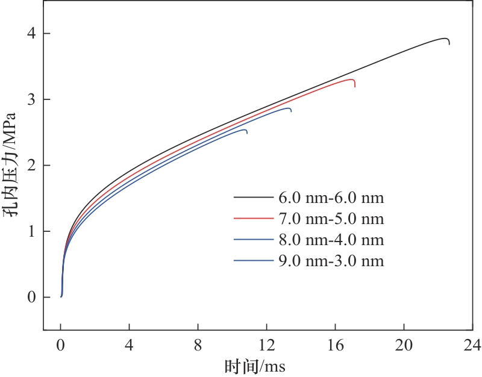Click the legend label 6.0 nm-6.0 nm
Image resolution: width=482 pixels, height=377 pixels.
[x=331, y=197]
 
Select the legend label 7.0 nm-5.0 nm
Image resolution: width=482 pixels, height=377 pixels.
[x=331, y=218]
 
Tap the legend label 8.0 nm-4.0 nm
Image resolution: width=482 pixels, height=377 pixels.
[x=331, y=240]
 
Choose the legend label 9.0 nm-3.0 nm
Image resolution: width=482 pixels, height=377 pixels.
[x=331, y=261]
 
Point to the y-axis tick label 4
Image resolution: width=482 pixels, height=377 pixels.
[x=30, y=34]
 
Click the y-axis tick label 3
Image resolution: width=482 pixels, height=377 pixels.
[x=30, y=99]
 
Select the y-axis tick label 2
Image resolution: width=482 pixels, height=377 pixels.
[x=30, y=166]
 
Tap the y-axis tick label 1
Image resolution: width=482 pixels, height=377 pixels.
[x=30, y=231]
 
